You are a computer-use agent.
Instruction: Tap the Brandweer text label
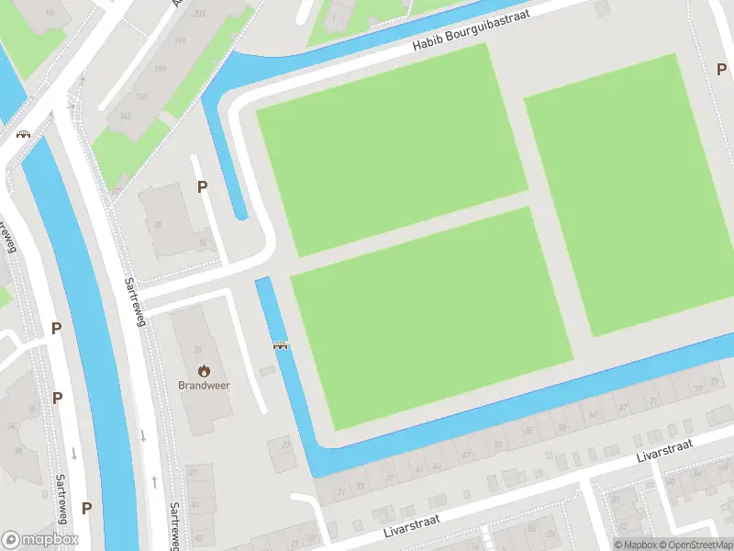pyautogui.click(x=204, y=386)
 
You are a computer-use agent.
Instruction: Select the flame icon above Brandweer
pyautogui.click(x=204, y=371)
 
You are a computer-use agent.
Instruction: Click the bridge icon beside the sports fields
pyautogui.click(x=281, y=346)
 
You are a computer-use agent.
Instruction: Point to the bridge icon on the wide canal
pyautogui.click(x=23, y=133)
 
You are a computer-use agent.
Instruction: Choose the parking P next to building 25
pyautogui.click(x=203, y=187)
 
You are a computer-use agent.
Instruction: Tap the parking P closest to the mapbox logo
pyautogui.click(x=86, y=508)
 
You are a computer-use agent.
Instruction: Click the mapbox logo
pyautogui.click(x=40, y=540)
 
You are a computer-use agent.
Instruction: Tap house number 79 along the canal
pyautogui.click(x=715, y=381)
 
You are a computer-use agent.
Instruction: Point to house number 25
pyautogui.click(x=159, y=225)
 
